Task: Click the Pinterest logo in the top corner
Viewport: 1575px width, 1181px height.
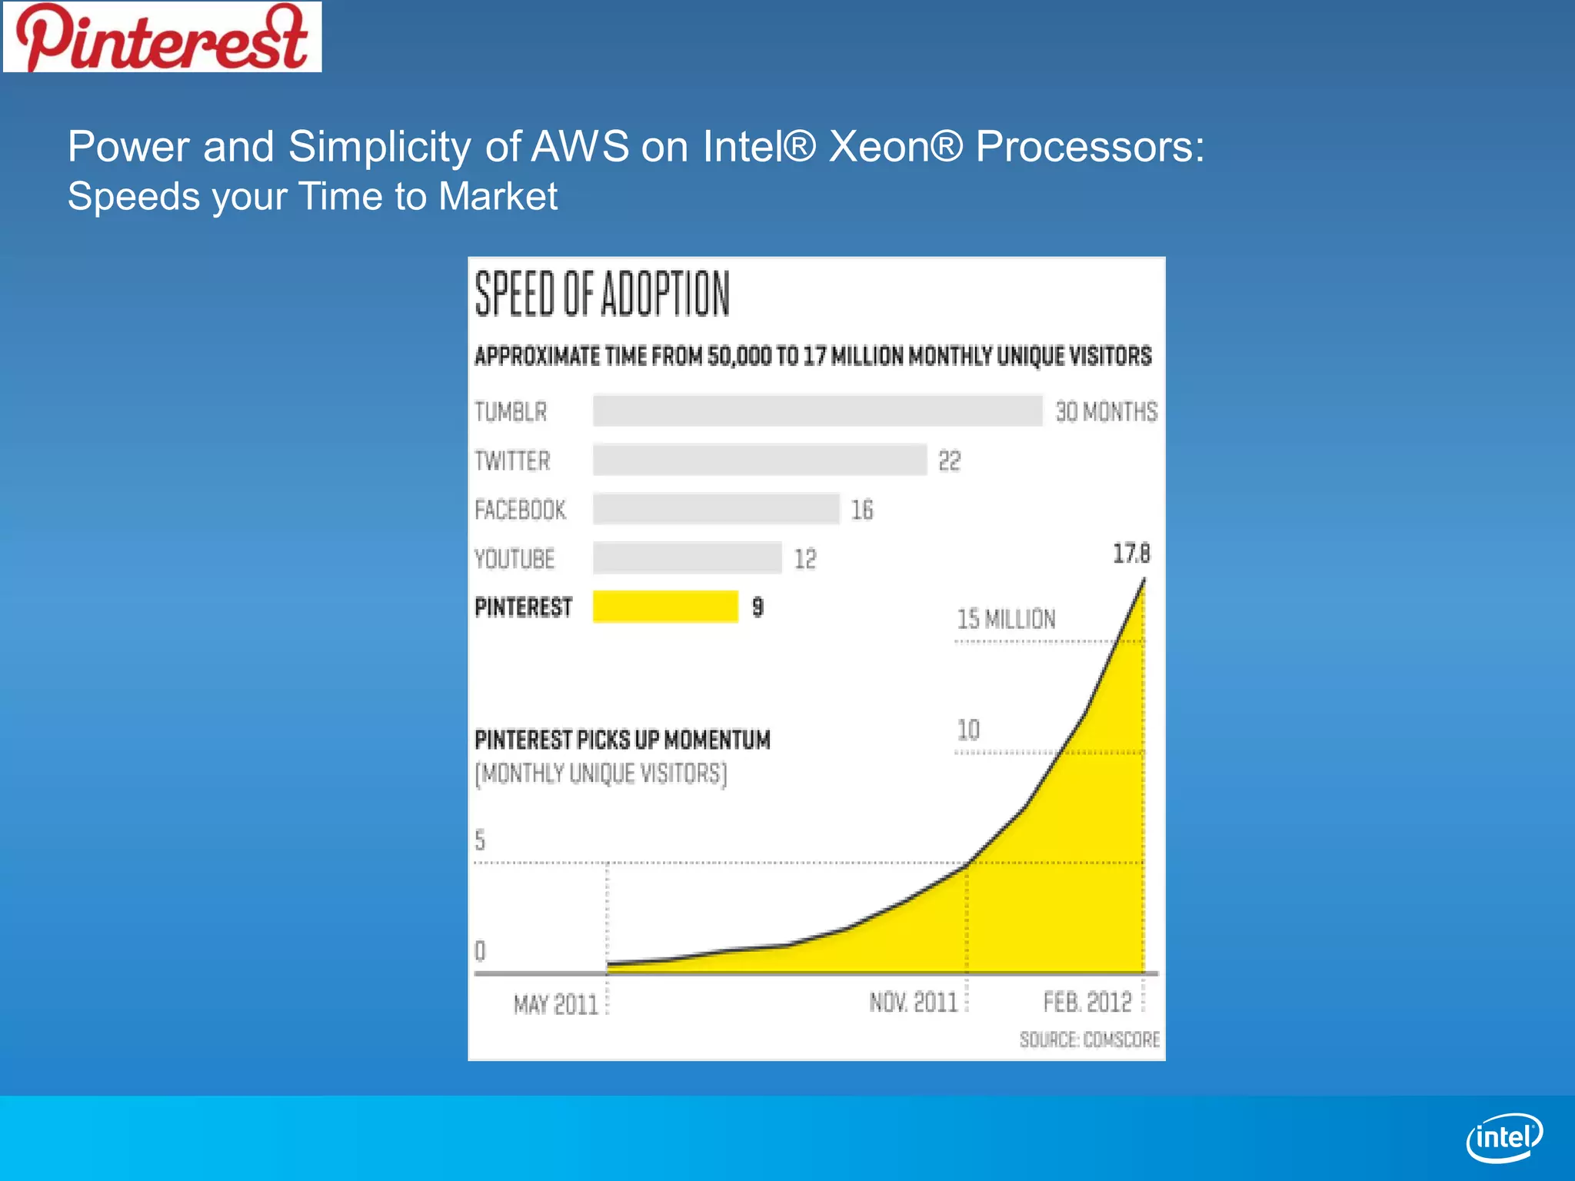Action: [162, 37]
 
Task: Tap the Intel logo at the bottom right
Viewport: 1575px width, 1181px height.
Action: [1504, 1137]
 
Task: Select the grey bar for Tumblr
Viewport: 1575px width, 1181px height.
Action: [817, 411]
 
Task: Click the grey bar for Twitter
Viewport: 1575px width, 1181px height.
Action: [760, 460]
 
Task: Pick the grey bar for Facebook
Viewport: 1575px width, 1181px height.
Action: [716, 509]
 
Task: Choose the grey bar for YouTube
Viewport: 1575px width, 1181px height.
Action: [688, 558]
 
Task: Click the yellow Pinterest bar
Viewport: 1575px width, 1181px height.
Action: [665, 607]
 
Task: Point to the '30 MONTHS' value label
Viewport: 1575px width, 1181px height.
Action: [1106, 411]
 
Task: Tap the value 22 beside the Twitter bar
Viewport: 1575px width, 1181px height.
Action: [950, 461]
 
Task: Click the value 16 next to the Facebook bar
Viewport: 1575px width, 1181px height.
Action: [862, 510]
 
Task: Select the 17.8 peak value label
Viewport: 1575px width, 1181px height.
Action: [1131, 554]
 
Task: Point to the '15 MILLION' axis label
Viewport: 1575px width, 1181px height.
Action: [1006, 619]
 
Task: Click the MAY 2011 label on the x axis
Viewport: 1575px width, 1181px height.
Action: [555, 1004]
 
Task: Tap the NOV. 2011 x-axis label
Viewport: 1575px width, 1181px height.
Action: [914, 1003]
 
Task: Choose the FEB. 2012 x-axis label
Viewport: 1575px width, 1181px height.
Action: [1087, 1003]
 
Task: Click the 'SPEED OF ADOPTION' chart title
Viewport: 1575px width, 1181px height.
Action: [602, 294]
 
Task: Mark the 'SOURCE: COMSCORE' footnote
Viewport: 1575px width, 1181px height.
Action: [1089, 1040]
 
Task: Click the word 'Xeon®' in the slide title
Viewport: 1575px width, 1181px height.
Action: [895, 146]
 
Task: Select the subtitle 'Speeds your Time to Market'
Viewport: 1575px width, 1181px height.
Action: [312, 196]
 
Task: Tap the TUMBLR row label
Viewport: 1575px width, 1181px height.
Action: [511, 411]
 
